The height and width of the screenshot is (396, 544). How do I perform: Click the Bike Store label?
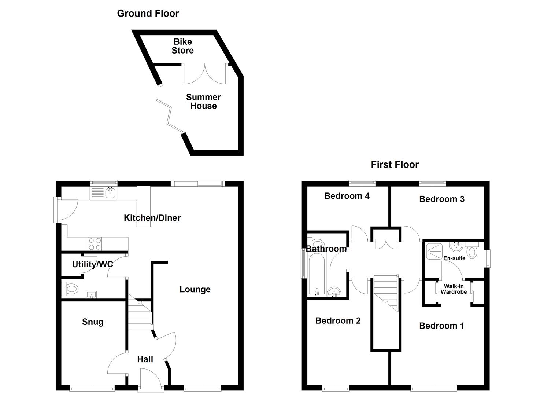[x=182, y=46]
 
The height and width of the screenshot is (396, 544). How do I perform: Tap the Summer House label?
[x=203, y=102]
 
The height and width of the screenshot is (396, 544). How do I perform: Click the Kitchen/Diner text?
[x=152, y=218]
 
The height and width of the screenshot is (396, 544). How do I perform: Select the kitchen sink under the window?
[x=110, y=193]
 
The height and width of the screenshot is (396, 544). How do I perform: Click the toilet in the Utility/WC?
[x=70, y=289]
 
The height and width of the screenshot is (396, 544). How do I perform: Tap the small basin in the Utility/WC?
[x=91, y=294]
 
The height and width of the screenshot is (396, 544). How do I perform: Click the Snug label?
[x=93, y=322]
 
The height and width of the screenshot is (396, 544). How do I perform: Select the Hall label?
[x=145, y=359]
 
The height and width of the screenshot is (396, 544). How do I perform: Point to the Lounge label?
[x=195, y=289]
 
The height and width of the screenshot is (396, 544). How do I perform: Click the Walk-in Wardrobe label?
[x=454, y=289]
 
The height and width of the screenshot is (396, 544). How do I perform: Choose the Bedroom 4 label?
[x=347, y=196]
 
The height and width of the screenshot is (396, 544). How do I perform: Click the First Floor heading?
[x=395, y=164]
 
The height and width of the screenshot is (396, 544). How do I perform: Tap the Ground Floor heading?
[x=148, y=13]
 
